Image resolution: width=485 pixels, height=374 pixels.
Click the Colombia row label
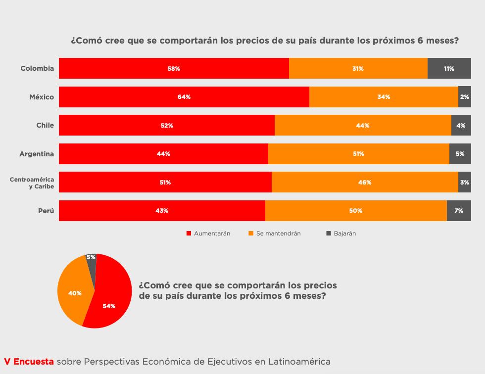(37, 68)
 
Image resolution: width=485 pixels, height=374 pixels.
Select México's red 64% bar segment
(184, 97)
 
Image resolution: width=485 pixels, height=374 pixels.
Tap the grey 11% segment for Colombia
(449, 68)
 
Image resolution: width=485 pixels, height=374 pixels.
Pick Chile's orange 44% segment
(362, 125)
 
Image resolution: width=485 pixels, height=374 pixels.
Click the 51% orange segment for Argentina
(358, 154)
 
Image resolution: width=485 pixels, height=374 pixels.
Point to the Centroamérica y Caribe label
(32, 183)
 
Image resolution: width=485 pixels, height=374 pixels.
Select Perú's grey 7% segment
(459, 211)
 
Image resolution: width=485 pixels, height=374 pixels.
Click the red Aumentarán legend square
(189, 234)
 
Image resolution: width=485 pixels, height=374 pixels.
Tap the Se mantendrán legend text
(278, 234)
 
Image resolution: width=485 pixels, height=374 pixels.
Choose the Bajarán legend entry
(344, 234)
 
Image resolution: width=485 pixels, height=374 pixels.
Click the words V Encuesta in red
(29, 362)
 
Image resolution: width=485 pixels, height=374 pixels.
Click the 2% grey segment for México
(464, 97)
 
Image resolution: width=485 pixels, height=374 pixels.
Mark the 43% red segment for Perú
(162, 211)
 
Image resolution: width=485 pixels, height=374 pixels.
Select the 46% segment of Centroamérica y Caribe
(365, 183)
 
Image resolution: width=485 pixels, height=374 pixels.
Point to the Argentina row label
(37, 154)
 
